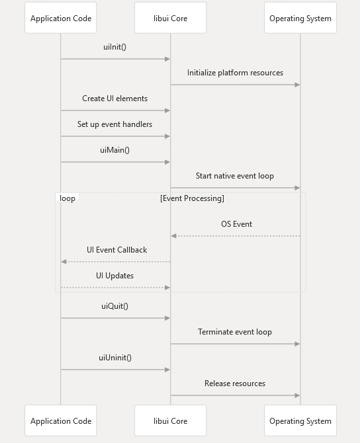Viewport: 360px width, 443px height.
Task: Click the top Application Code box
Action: click(60, 18)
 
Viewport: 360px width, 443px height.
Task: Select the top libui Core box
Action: click(170, 18)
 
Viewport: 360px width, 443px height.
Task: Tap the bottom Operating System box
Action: click(300, 421)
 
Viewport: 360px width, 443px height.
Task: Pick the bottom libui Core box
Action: click(170, 421)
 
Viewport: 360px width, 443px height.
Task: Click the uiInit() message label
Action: click(114, 47)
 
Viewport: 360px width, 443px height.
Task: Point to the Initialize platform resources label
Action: click(235, 73)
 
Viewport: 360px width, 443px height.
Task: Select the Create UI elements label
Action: click(114, 99)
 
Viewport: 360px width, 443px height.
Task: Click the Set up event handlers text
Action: click(114, 124)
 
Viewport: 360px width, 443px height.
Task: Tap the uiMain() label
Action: click(114, 150)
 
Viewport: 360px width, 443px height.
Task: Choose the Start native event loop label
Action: click(235, 176)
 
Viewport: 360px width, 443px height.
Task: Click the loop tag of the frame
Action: click(67, 198)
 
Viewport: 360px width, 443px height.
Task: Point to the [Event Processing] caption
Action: click(192, 198)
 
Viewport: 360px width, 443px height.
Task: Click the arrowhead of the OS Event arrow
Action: click(173, 236)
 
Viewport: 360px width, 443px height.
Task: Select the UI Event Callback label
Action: click(116, 250)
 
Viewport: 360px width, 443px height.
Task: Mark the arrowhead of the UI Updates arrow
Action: click(167, 288)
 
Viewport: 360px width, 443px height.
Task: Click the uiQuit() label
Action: click(114, 306)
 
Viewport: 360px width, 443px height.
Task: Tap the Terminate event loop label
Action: click(235, 332)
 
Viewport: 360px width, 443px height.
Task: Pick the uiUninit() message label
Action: click(115, 358)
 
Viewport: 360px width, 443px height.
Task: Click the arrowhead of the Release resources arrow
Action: click(297, 395)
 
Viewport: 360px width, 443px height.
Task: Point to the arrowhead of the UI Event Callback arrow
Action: click(64, 262)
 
